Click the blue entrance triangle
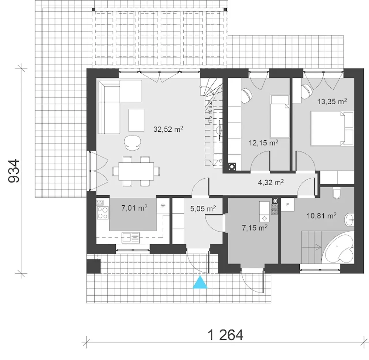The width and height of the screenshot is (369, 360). [200, 282]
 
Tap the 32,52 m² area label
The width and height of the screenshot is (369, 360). [168, 129]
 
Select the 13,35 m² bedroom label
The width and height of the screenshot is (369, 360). [332, 101]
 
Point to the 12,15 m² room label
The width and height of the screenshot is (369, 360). [263, 142]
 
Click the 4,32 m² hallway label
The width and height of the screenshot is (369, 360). [271, 182]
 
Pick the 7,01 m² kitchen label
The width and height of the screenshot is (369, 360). [134, 208]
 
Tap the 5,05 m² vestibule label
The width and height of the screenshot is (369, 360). [203, 209]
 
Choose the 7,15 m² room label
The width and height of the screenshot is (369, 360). [255, 228]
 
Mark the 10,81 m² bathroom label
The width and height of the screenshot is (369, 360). [322, 215]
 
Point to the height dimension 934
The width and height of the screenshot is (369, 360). [14, 171]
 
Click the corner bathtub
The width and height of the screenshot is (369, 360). [338, 247]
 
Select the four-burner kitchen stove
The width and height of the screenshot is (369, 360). [103, 213]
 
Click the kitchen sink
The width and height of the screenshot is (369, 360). [131, 238]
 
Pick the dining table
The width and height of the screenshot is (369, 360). [136, 171]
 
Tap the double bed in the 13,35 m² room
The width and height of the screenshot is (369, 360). [332, 129]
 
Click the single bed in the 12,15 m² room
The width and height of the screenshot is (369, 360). [280, 116]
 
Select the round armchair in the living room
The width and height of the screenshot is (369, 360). [133, 142]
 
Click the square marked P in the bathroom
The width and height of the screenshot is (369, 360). [287, 205]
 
